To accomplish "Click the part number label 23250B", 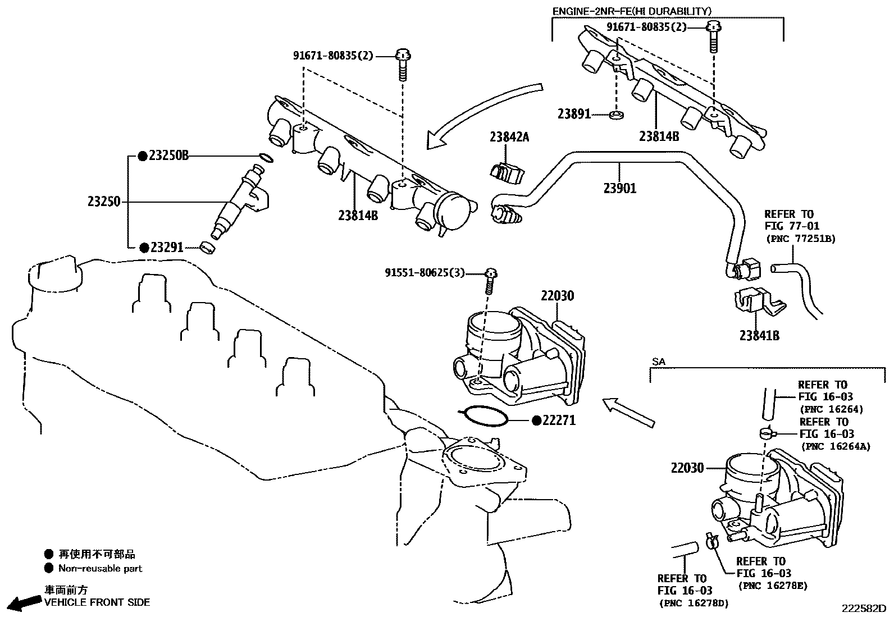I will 168,156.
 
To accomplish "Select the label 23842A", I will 509,136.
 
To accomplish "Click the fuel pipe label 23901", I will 620,188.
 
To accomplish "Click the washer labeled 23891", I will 617,115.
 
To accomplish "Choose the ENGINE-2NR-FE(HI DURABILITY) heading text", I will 632,11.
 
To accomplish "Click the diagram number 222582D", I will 863,609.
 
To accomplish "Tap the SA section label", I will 659,362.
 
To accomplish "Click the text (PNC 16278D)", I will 693,604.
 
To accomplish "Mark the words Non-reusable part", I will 100,568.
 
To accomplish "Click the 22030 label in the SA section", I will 686,468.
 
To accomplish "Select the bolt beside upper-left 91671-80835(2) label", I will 403,65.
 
